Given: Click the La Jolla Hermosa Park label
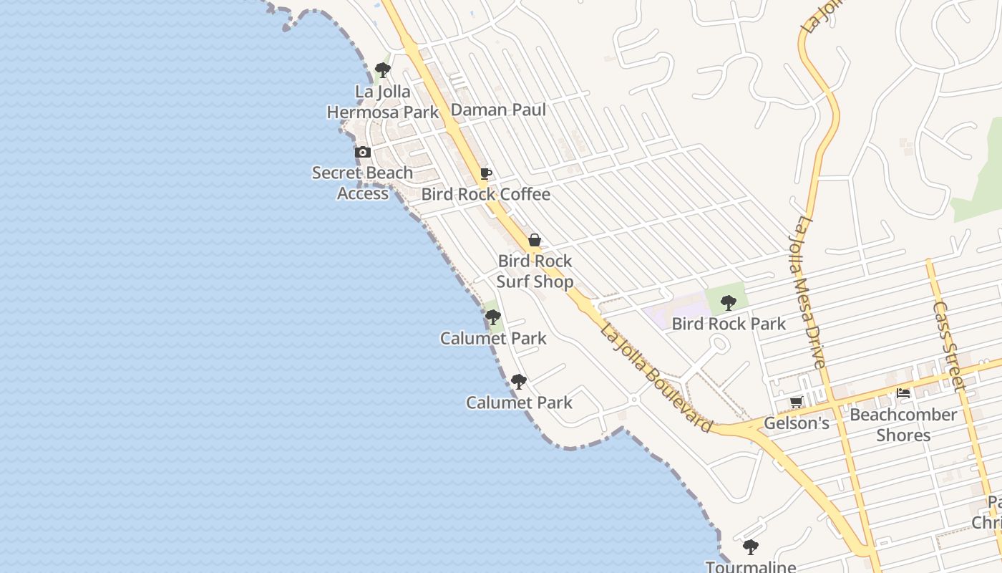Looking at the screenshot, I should pyautogui.click(x=383, y=102).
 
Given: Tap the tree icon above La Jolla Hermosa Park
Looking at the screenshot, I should pyautogui.click(x=383, y=70).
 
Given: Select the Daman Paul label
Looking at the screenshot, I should pyautogui.click(x=498, y=110).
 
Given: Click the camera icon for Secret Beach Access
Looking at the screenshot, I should pyautogui.click(x=363, y=152).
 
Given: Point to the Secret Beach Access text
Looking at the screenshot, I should pyautogui.click(x=363, y=183).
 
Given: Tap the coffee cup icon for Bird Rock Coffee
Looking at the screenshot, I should pyautogui.click(x=486, y=174).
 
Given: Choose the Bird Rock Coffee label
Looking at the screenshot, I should pyautogui.click(x=486, y=194).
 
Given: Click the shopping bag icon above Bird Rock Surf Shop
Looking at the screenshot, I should pyautogui.click(x=535, y=241).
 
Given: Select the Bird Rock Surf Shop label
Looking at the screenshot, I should pyautogui.click(x=535, y=271).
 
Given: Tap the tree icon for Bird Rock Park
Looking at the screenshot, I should pyautogui.click(x=729, y=303).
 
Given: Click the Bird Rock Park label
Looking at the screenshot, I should pyautogui.click(x=729, y=324).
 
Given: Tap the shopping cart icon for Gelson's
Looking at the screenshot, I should pyautogui.click(x=796, y=403).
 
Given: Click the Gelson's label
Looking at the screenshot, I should pyautogui.click(x=796, y=423).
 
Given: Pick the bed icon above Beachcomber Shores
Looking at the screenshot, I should pyautogui.click(x=903, y=393).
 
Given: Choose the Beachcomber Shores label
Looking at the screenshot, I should pyautogui.click(x=903, y=425).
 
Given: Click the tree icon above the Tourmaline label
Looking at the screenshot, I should pyautogui.click(x=750, y=548).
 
